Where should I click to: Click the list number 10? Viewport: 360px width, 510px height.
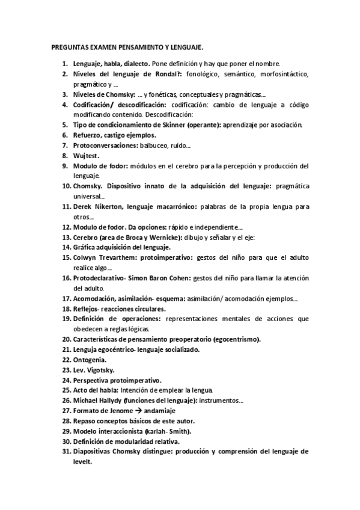(66, 186)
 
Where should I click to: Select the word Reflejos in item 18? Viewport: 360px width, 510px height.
(85, 309)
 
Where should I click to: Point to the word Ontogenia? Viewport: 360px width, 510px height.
(89, 359)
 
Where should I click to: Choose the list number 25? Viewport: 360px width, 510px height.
(66, 390)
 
